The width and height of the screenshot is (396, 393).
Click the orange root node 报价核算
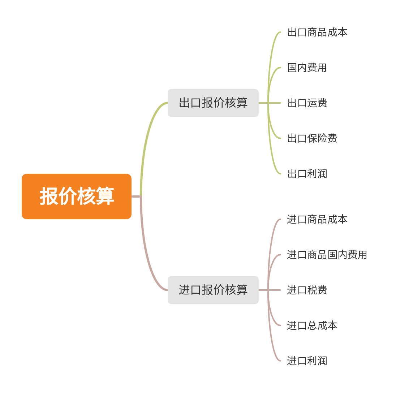pos(77,196)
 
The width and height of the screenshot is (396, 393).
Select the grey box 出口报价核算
pos(213,103)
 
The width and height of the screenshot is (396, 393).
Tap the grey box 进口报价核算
pos(213,290)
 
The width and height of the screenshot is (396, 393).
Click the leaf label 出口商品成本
pos(317,32)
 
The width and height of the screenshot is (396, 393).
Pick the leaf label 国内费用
pos(307,68)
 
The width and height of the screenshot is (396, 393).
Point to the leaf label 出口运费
pos(307,103)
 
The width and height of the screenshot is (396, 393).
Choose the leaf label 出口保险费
pos(312,138)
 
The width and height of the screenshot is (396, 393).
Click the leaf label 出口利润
pos(307,174)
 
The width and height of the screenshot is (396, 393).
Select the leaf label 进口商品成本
pos(317,219)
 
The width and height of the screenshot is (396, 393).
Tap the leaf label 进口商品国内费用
pos(327,255)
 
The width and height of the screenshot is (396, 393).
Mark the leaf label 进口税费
pos(307,290)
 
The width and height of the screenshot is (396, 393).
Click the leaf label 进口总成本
pos(312,325)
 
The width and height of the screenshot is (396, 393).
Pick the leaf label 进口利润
pos(307,361)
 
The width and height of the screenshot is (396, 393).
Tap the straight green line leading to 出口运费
pos(275,103)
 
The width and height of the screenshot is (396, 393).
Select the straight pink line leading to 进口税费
pos(275,290)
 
